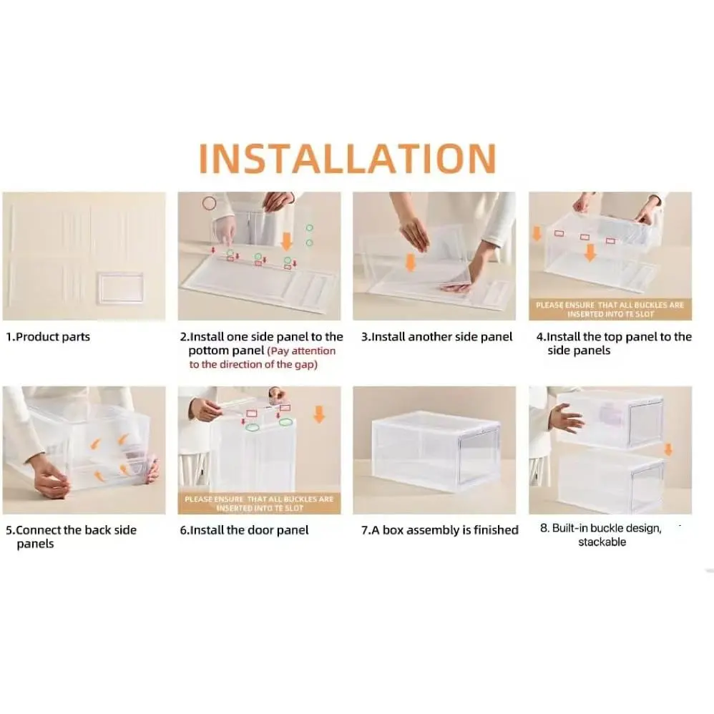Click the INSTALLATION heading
(347, 158)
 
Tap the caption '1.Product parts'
(48, 337)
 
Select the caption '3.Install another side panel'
(436, 337)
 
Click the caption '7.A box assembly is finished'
(440, 530)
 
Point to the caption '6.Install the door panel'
(244, 530)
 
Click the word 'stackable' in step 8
(602, 542)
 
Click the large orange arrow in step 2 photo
(286, 241)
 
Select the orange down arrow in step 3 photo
(411, 263)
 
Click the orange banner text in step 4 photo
(610, 310)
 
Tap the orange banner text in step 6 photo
(259, 504)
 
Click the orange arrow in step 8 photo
(668, 449)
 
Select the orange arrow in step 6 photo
(319, 414)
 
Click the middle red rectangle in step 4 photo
(585, 237)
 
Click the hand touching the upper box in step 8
(567, 418)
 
